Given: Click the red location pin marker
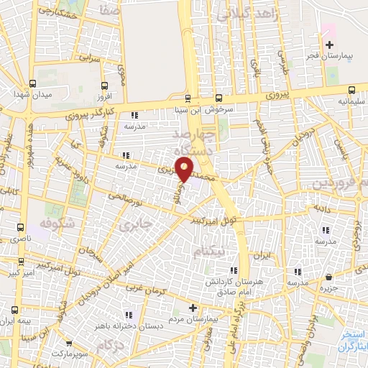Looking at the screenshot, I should coord(185,169).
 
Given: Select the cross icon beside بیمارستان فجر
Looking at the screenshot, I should coord(330,46).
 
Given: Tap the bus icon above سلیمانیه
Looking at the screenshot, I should coord(351,90).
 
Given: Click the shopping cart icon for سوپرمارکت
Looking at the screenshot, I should coord(69,344).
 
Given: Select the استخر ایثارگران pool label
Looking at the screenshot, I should coord(352,341).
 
